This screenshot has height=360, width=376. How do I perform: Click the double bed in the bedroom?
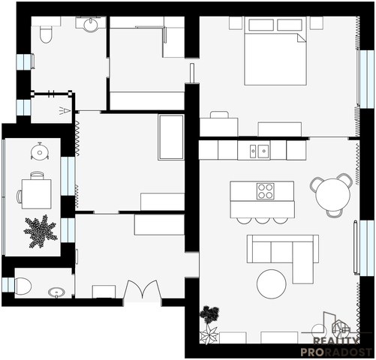[275, 51]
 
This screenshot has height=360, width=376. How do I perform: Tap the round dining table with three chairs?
[332, 195]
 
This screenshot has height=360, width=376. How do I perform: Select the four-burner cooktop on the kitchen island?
[265, 191]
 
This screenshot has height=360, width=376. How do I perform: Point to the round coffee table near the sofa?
[272, 283]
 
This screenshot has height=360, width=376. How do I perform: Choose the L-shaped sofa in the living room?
[283, 253]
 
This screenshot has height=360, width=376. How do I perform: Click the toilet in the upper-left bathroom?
[46, 33]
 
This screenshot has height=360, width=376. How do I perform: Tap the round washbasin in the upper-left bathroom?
[91, 25]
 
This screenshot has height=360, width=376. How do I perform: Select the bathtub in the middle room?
[171, 137]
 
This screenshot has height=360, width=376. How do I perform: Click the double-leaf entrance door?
[143, 289]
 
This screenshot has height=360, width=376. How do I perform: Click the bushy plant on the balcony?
[41, 231]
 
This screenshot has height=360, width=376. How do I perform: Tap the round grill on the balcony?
[40, 151]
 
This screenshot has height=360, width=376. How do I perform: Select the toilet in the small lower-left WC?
[23, 286]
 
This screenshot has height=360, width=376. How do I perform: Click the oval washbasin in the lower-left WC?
[56, 292]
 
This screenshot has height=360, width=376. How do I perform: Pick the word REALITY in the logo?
[335, 341]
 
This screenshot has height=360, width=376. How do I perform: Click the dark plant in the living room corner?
[210, 314]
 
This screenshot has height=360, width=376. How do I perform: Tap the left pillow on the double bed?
[261, 25]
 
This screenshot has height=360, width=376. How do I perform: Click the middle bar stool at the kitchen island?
[262, 220]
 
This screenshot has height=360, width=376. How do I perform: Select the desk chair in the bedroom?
[219, 115]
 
